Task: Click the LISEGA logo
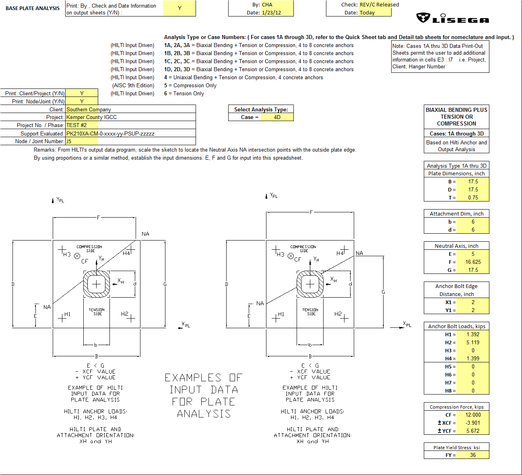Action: pos(452,19)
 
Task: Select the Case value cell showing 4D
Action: pos(277,117)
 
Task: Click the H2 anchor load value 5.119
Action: pos(473,343)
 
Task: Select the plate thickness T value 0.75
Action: pos(473,198)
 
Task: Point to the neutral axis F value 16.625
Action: pos(473,262)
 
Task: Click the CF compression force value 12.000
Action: pos(473,415)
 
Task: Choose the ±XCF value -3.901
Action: pos(473,423)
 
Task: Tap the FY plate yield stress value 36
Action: pos(473,455)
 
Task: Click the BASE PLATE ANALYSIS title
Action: pos(33,8)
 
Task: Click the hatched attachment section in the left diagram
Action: pos(97,284)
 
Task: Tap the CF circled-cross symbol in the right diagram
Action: pos(291,256)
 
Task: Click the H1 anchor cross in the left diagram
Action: pos(62,318)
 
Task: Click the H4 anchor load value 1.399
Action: pos(473,359)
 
